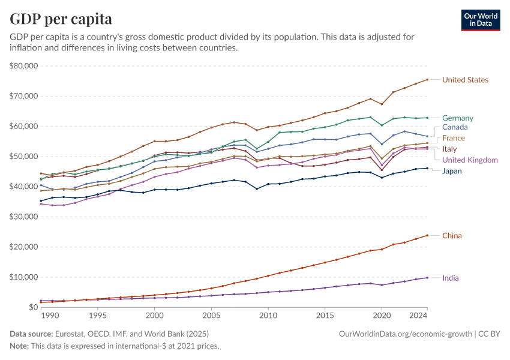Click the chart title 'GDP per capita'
tap(61, 19)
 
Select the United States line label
tap(465, 80)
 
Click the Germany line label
tap(458, 118)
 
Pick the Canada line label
tap(455, 127)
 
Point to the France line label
tap(454, 138)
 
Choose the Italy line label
tap(449, 149)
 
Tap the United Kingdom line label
tap(470, 160)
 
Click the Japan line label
tap(452, 171)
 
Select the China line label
tap(452, 236)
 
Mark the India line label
tap(451, 278)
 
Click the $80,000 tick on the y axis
tap(24, 65)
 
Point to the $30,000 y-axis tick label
tap(24, 217)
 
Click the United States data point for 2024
tap(427, 79)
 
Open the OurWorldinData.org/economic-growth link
tap(406, 333)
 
